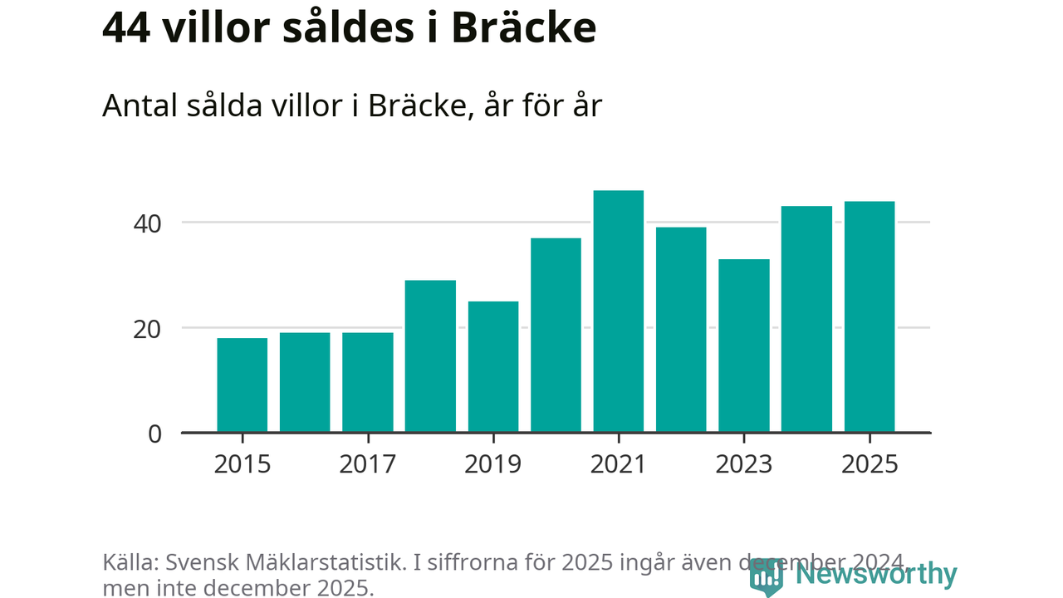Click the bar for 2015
(x=242, y=385)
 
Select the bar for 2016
(x=305, y=383)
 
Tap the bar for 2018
(x=430, y=356)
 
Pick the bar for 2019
(x=493, y=367)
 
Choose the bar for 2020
(x=556, y=336)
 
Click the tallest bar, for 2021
(x=619, y=311)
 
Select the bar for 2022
(x=681, y=330)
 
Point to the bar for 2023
(x=744, y=346)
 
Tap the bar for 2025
(x=870, y=317)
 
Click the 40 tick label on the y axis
(x=145, y=223)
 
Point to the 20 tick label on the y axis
(x=145, y=328)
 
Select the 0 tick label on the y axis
(x=154, y=434)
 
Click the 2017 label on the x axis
(x=367, y=463)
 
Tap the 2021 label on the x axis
(x=619, y=463)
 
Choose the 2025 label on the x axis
(x=870, y=463)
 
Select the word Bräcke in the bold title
(x=525, y=28)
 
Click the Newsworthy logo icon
(x=766, y=576)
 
